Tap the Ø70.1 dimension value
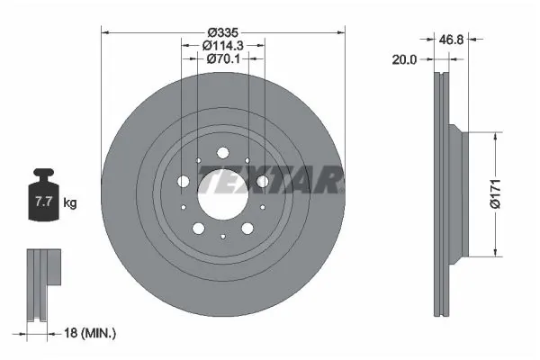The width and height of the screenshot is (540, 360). tap(222, 59)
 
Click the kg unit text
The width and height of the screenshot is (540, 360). tap(70, 203)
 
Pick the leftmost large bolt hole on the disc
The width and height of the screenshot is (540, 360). tap(184, 182)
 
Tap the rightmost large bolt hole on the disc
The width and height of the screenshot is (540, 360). tap(262, 182)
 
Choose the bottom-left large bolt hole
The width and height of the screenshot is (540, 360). tap(199, 228)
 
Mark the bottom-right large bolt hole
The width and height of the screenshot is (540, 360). tap(247, 228)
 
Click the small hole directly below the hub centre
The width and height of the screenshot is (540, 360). tap(222, 237)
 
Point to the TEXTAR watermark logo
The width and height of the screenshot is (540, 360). tap(270, 183)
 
